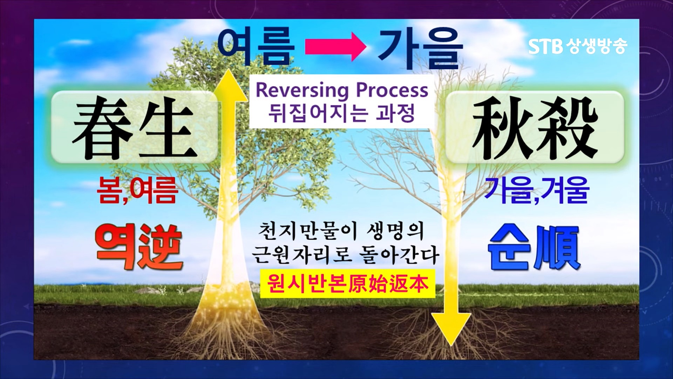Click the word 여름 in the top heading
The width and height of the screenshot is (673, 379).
[x=256, y=47]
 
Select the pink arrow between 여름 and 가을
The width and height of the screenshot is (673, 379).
[x=335, y=48]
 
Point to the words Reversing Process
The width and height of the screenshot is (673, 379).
[x=342, y=90]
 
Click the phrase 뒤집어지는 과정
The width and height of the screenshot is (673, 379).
[x=342, y=113]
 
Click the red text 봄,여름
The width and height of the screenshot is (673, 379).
[x=138, y=190]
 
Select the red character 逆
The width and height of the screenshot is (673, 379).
[x=161, y=247]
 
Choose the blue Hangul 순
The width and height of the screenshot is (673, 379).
[x=509, y=247]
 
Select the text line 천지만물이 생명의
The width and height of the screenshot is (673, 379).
[x=341, y=231]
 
